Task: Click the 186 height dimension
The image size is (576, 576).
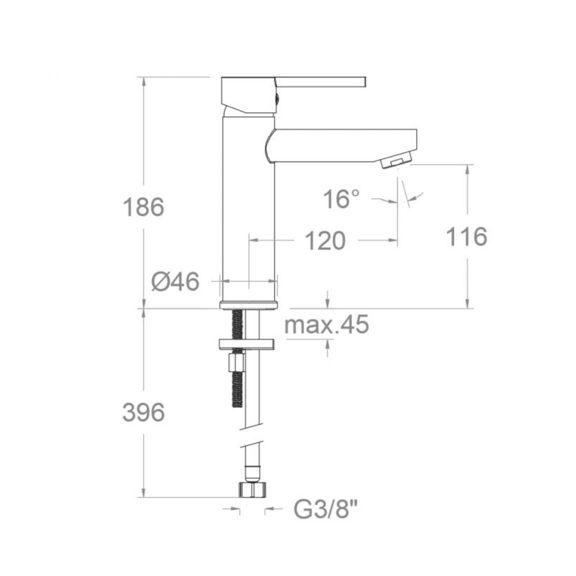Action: [144, 207]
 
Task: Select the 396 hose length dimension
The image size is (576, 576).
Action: [144, 412]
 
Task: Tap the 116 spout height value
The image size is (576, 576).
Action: [466, 237]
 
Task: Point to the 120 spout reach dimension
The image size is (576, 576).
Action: [325, 240]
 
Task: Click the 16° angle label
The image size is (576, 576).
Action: [341, 199]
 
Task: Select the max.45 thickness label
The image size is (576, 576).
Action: [326, 325]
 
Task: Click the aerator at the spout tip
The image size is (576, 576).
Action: [397, 161]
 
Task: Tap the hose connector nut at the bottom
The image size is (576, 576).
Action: [252, 490]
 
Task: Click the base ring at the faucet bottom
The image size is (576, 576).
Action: [249, 305]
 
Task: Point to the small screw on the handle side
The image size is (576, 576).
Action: [277, 98]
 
